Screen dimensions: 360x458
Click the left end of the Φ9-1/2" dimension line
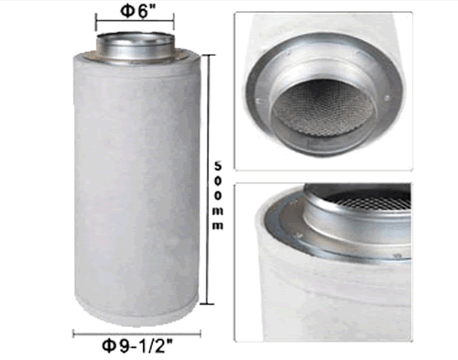tap(73, 333)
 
